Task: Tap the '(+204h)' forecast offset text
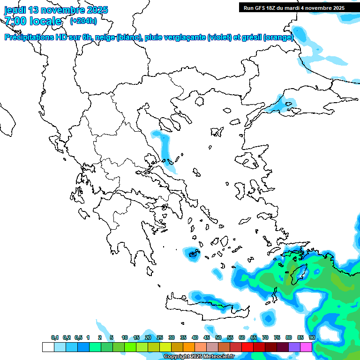[x=83, y=21]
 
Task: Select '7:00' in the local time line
[x=16, y=21]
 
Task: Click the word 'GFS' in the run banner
[x=263, y=8]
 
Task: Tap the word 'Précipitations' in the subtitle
[x=29, y=37]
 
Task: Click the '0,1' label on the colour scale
[x=54, y=337]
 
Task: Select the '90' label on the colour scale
[x=312, y=337]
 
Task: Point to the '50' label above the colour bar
[x=218, y=337]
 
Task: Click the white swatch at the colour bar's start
[x=48, y=347]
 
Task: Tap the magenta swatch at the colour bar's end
[x=306, y=347]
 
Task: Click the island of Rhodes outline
[x=299, y=273]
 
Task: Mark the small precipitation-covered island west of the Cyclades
[x=193, y=254]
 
